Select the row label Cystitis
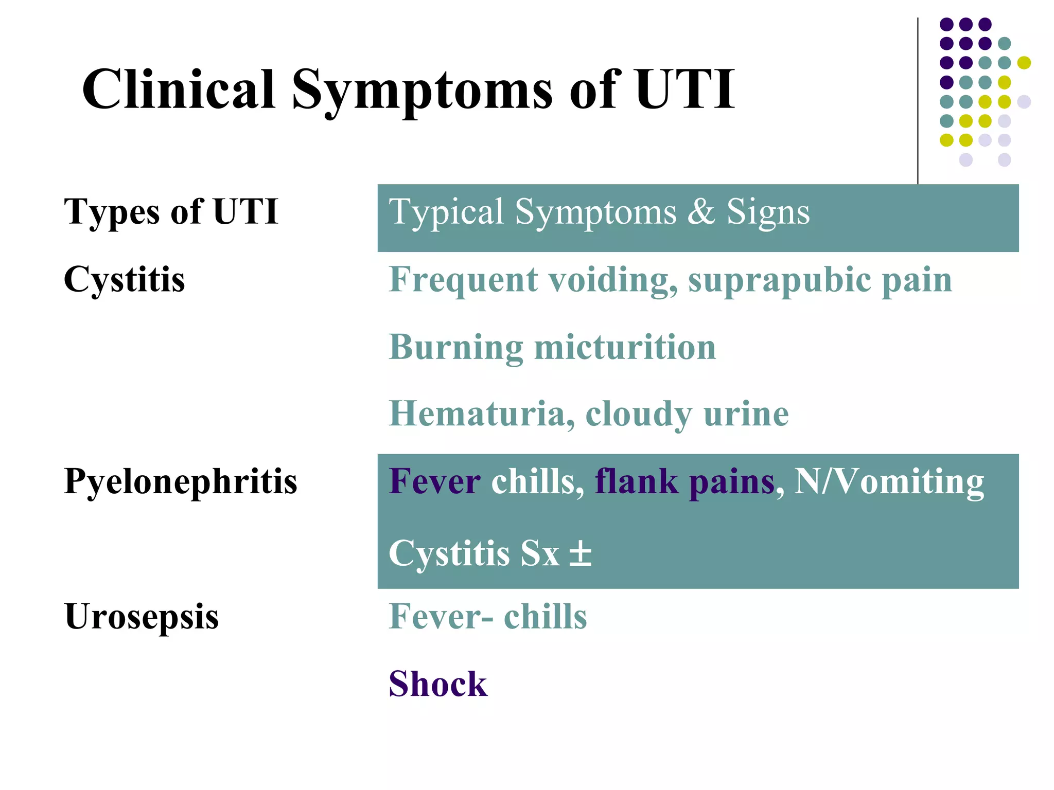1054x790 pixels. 124,280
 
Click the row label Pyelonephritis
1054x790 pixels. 180,482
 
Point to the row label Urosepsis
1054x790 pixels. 142,617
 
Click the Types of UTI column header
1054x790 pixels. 171,211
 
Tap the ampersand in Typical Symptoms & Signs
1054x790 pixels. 701,211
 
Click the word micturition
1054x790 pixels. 625,347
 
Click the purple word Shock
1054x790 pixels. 437,684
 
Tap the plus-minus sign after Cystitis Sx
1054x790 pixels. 581,554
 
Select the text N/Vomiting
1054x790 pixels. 889,482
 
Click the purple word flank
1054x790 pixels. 636,482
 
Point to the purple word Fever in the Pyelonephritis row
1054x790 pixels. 435,482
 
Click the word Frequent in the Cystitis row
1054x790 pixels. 463,281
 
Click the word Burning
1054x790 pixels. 456,348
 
